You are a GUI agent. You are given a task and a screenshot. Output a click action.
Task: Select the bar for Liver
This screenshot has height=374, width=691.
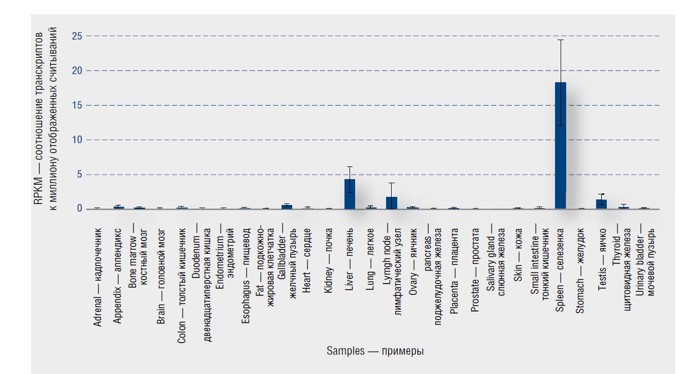click(x=350, y=194)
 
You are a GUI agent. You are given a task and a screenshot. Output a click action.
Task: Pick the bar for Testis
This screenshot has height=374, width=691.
click(x=602, y=204)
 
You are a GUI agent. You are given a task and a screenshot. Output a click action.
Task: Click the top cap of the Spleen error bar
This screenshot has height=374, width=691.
click(x=561, y=40)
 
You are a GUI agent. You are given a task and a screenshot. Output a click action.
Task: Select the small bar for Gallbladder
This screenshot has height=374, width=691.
click(x=287, y=207)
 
